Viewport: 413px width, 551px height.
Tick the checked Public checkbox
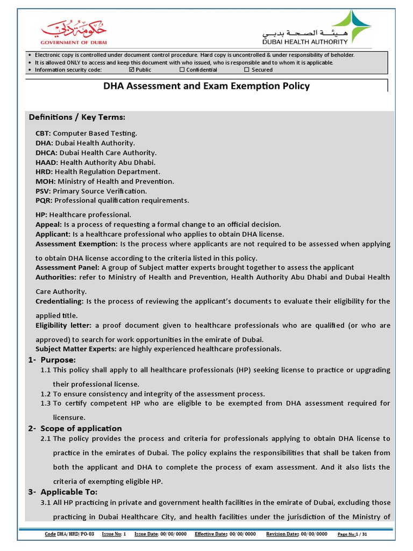(132, 69)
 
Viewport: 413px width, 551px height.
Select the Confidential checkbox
(182, 69)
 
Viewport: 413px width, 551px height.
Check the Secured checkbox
(247, 69)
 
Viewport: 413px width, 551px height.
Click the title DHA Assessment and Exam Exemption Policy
(206, 86)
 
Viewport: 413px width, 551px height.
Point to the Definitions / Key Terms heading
(77, 117)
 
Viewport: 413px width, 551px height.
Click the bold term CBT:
(43, 133)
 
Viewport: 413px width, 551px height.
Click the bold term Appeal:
(48, 224)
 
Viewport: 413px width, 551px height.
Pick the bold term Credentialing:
(59, 301)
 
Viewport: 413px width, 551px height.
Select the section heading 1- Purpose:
(52, 359)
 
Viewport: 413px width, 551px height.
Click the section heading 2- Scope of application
(75, 428)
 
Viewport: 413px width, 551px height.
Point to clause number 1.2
(46, 394)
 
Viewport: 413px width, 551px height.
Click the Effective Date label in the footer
(211, 534)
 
